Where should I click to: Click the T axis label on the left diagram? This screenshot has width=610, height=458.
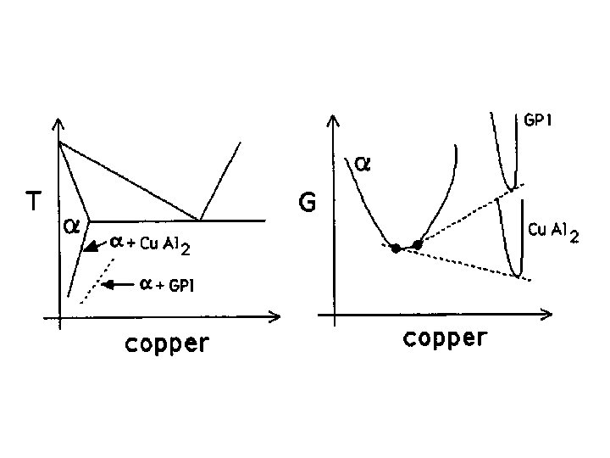(33, 201)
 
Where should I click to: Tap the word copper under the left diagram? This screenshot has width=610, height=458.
(167, 344)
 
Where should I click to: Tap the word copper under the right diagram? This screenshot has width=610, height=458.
(445, 339)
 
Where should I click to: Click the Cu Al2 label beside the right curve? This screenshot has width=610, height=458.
(552, 231)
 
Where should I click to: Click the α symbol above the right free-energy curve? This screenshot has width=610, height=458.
(362, 163)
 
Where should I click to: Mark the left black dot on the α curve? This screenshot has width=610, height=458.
(396, 249)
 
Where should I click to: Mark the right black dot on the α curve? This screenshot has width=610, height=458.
(417, 244)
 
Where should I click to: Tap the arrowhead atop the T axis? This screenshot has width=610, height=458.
(58, 125)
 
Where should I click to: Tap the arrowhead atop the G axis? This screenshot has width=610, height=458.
(335, 123)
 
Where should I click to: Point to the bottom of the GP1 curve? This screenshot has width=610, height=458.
(508, 187)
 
